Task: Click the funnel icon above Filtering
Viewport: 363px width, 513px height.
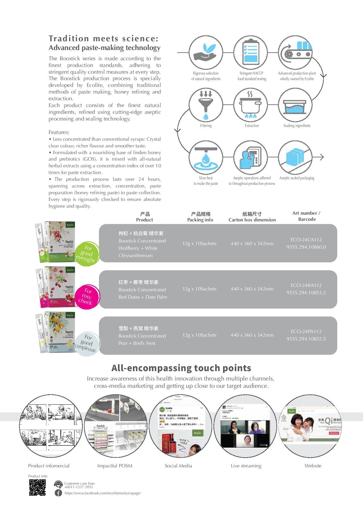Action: (x=206, y=105)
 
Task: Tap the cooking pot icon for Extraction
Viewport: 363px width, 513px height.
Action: (x=251, y=105)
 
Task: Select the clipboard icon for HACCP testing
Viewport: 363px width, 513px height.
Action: (x=251, y=53)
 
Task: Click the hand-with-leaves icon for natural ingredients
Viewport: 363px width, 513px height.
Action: (x=206, y=53)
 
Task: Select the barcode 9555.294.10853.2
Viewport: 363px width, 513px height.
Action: (x=306, y=292)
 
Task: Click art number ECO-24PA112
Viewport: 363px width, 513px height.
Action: (x=306, y=331)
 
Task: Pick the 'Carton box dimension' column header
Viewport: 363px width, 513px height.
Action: (x=252, y=220)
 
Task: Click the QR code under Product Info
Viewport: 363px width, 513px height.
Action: (x=37, y=488)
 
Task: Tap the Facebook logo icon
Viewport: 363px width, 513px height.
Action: (x=58, y=493)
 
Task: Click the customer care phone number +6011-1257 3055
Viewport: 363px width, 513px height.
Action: (x=79, y=487)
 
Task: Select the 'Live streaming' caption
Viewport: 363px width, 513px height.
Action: (x=246, y=466)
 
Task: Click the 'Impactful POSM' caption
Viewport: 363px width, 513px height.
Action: (x=115, y=466)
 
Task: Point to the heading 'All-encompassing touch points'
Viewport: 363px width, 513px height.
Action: (x=181, y=368)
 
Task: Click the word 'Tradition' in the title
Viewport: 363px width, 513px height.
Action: (x=69, y=38)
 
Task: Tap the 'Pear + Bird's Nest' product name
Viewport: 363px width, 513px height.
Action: (x=137, y=343)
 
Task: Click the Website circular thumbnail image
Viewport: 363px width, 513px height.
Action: (x=310, y=426)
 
